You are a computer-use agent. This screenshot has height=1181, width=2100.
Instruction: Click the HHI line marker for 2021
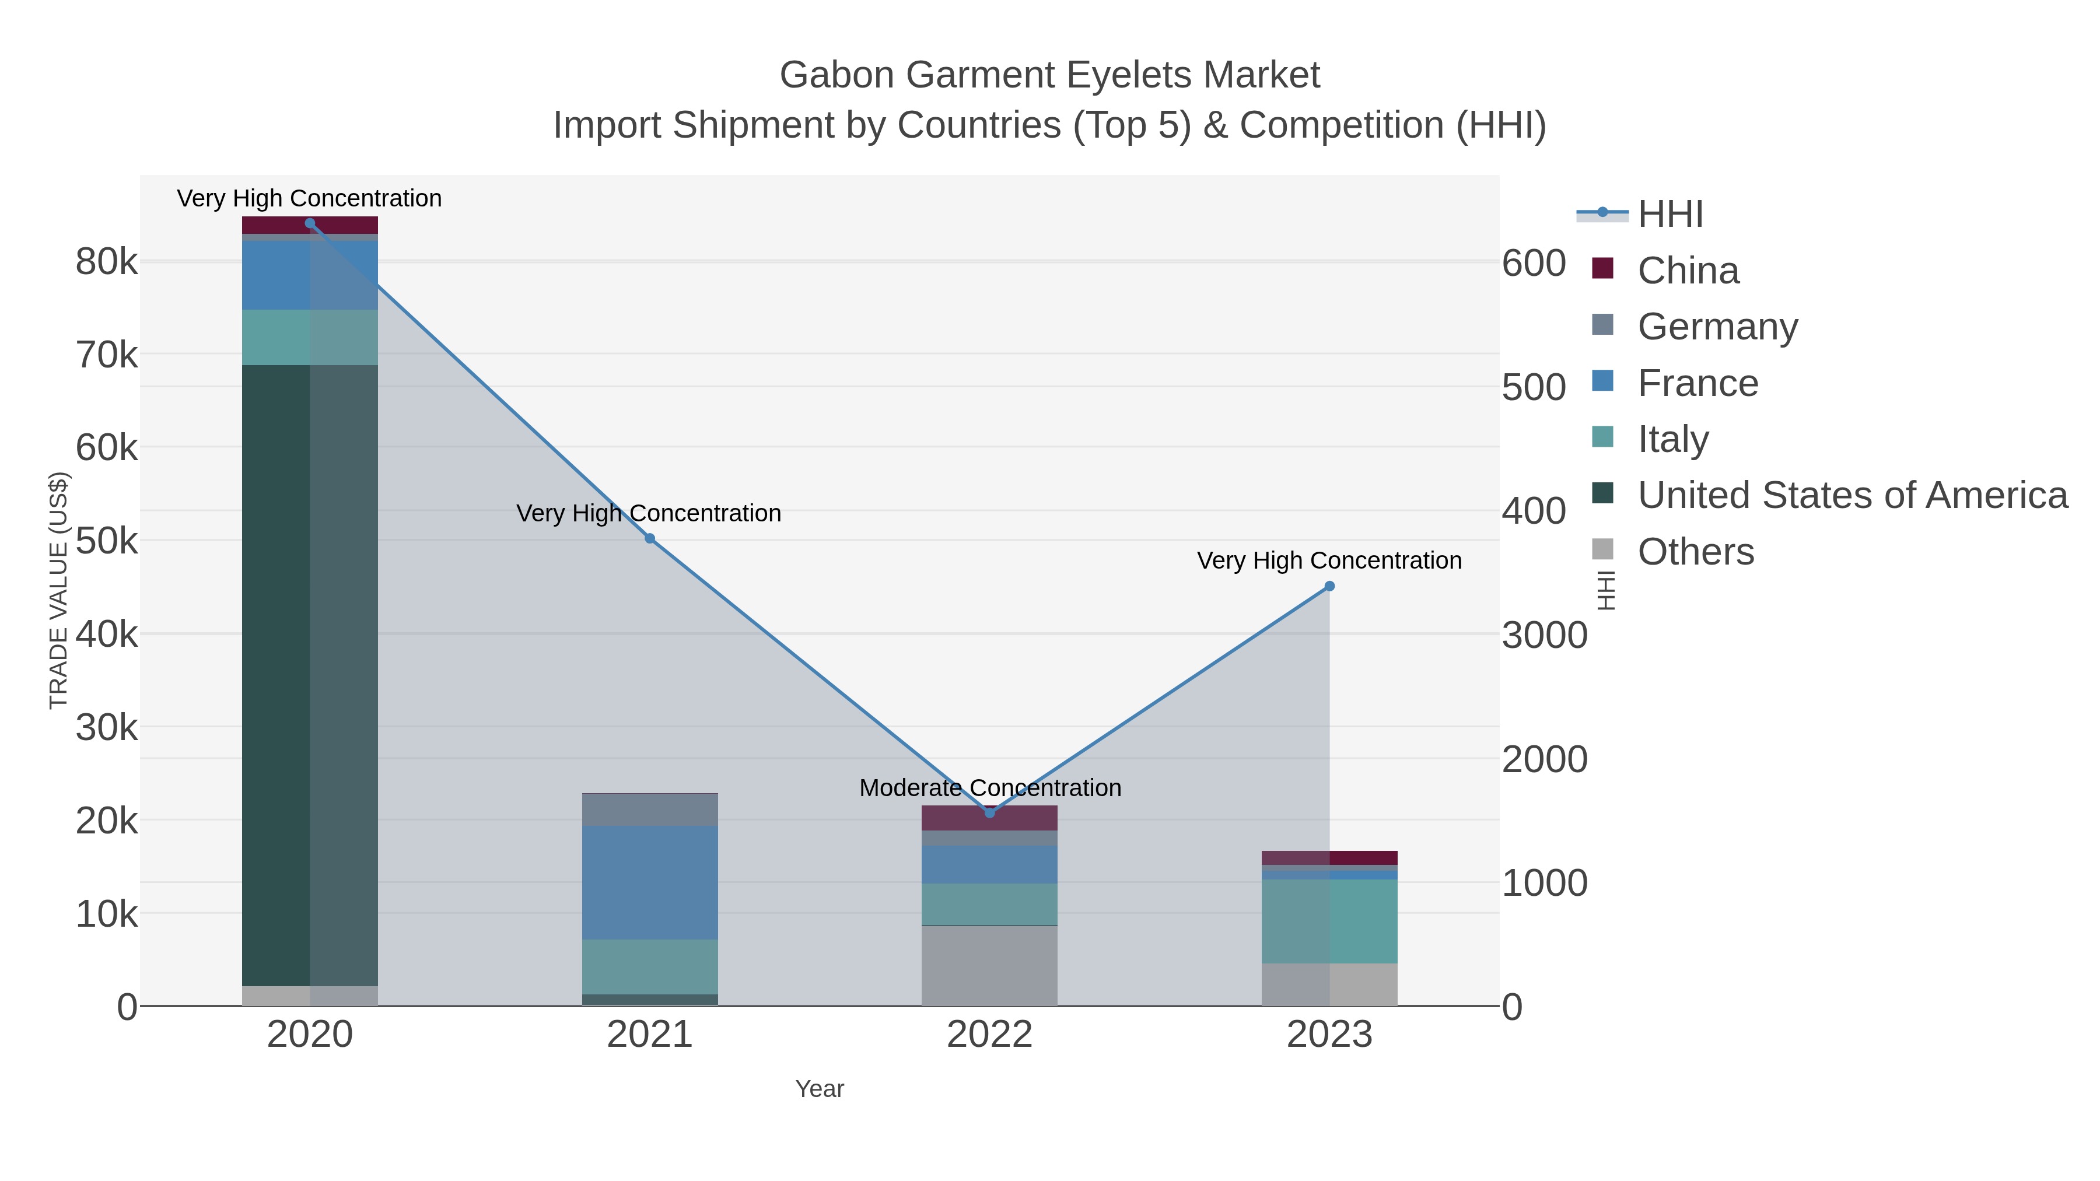pyautogui.click(x=650, y=539)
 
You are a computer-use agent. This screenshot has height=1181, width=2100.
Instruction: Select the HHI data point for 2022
pyautogui.click(x=990, y=812)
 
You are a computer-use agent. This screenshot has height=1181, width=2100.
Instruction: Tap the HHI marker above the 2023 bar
pyautogui.click(x=1329, y=586)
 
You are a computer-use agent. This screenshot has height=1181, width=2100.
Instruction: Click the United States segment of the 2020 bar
pyautogui.click(x=310, y=677)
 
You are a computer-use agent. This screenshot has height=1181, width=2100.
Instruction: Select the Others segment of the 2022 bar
pyautogui.click(x=990, y=966)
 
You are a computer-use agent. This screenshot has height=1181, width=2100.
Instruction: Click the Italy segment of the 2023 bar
pyautogui.click(x=1329, y=921)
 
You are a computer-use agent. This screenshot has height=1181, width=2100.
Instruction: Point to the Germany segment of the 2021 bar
pyautogui.click(x=650, y=809)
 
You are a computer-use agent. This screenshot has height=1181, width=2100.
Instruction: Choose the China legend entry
pyautogui.click(x=1688, y=271)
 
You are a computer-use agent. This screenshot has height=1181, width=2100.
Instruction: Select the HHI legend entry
pyautogui.click(x=1669, y=215)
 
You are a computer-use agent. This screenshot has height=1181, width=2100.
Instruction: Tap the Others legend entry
pyautogui.click(x=1695, y=552)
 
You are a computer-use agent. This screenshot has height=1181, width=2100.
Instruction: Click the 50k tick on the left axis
pyautogui.click(x=107, y=541)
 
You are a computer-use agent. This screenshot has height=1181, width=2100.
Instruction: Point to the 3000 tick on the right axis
pyautogui.click(x=1544, y=636)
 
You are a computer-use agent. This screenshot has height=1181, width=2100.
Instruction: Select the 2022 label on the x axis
pyautogui.click(x=990, y=1035)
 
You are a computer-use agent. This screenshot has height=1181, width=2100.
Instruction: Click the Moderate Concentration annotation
pyautogui.click(x=990, y=788)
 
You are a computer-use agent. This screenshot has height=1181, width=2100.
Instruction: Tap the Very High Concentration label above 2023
pyautogui.click(x=1329, y=560)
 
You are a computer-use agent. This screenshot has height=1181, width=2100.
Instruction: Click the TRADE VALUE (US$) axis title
pyautogui.click(x=59, y=590)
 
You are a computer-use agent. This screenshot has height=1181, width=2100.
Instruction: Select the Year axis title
pyautogui.click(x=820, y=1089)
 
